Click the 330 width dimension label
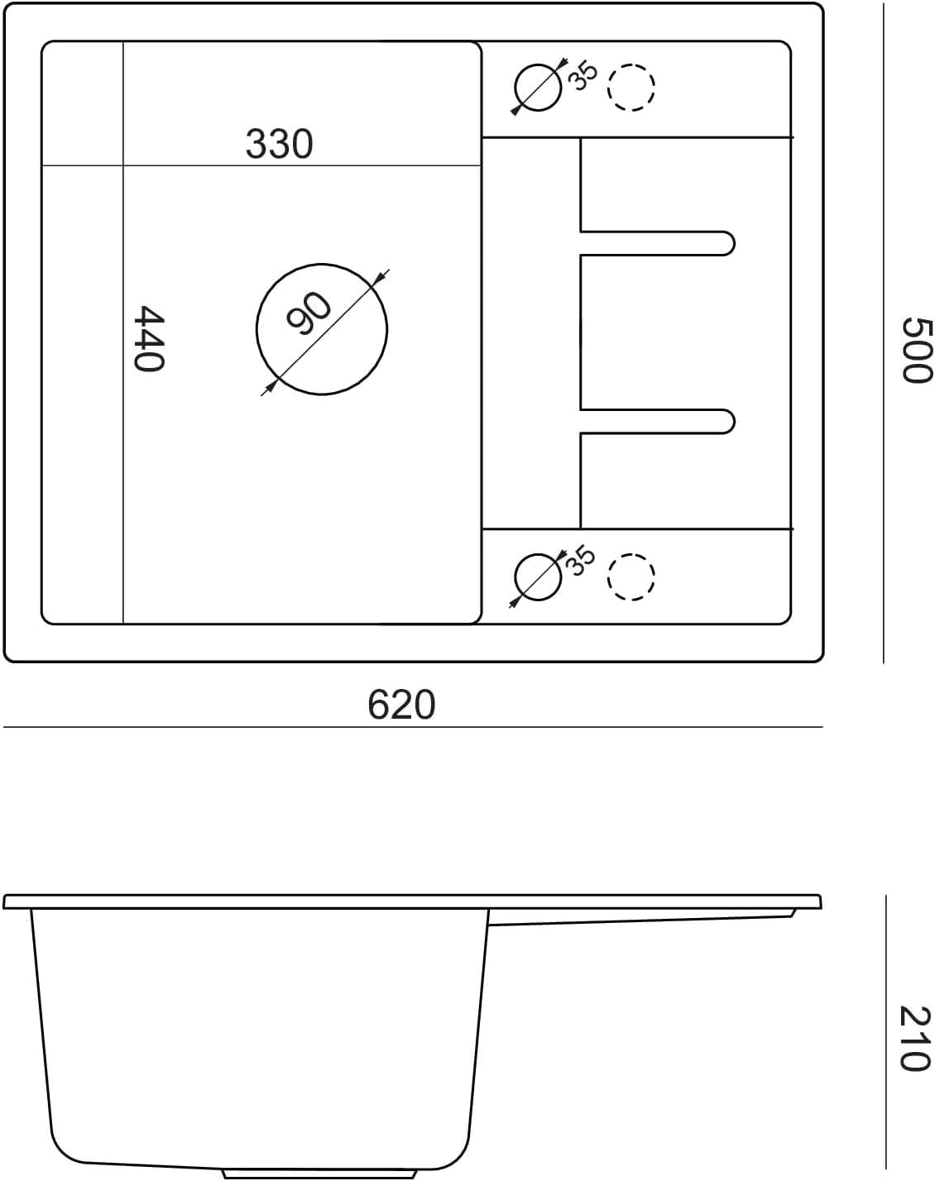point(279,144)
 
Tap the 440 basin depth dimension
point(149,338)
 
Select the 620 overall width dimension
point(401,705)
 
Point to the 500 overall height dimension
point(916,350)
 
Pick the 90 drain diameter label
point(309,313)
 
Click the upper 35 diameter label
point(583,76)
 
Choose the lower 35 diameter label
point(582,561)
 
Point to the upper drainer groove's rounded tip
point(734,243)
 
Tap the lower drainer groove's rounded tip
point(734,422)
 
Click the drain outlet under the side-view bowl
point(319,1174)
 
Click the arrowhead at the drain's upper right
point(376,280)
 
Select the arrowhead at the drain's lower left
point(269,388)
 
